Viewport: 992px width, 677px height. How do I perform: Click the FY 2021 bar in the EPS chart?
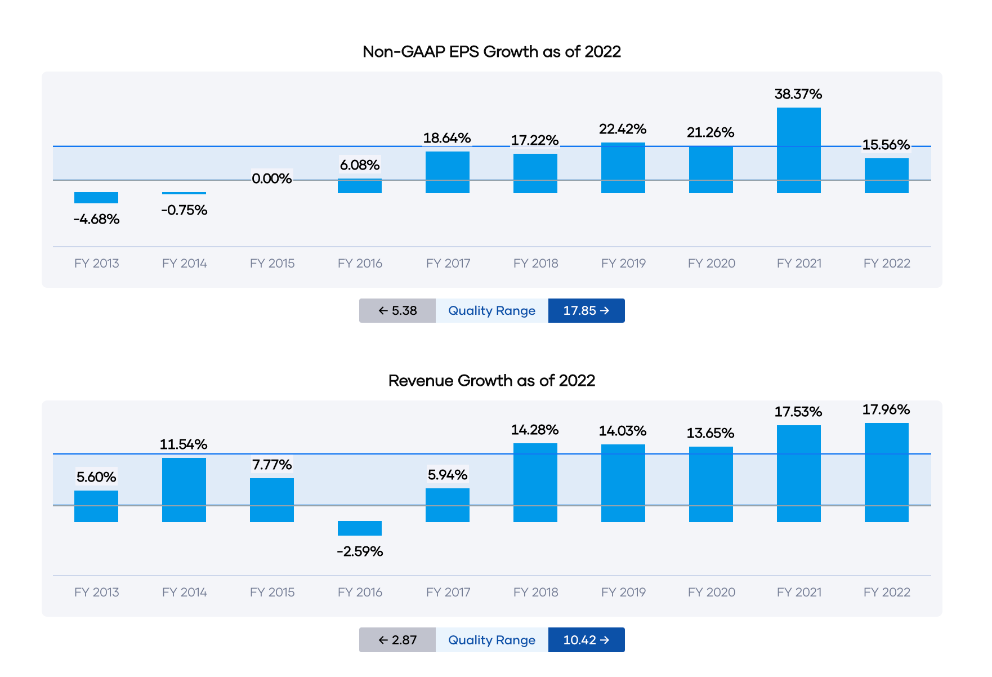coord(798,150)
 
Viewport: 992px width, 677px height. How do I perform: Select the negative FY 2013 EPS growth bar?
coord(96,198)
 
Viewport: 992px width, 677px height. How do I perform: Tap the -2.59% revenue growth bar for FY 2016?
coord(360,528)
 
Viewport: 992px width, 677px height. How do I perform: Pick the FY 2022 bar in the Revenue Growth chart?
coord(886,473)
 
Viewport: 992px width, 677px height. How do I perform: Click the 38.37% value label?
coord(798,94)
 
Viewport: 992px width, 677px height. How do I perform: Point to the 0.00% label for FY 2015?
coord(272,179)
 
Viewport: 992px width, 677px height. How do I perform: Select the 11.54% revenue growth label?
coord(184,444)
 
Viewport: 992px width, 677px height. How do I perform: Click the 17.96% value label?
coord(886,409)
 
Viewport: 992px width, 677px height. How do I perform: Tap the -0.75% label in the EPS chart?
coord(184,210)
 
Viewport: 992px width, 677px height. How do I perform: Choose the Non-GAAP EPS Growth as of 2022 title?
coord(491,52)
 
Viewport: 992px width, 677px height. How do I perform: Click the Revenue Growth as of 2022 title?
coord(491,381)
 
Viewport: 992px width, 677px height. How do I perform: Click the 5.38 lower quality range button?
coord(397,311)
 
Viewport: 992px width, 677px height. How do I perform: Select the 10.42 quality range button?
coord(586,640)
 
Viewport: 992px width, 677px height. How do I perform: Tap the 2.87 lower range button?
coord(397,640)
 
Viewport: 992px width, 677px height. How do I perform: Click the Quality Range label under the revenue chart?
coord(491,640)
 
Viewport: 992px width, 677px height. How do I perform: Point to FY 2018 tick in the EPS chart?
coord(535,264)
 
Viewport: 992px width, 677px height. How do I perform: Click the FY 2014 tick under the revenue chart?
coord(184,593)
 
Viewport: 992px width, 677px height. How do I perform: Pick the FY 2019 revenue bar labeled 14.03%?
coord(623,483)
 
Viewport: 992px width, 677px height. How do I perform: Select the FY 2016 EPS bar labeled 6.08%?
coord(360,186)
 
